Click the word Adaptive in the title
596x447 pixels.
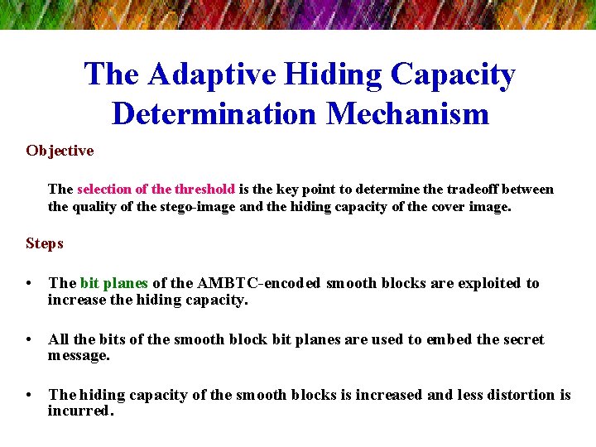211,75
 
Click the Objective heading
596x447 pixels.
60,151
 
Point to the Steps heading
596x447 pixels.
45,243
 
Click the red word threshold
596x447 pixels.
204,189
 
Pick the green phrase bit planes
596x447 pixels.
113,283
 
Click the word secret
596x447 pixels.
518,339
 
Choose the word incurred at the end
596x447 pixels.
79,411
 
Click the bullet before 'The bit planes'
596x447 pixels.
31,284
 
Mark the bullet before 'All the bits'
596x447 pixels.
31,340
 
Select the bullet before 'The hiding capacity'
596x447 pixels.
31,396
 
